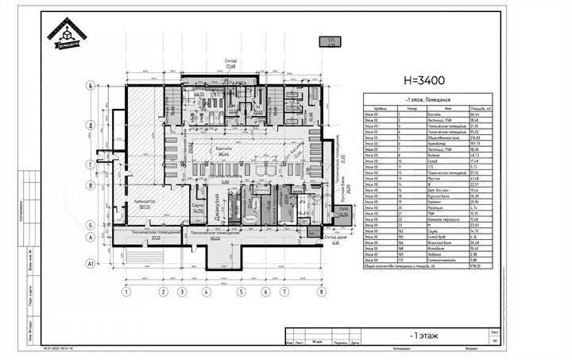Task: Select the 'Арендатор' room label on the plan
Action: click(x=144, y=202)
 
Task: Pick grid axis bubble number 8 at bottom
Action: click(x=320, y=292)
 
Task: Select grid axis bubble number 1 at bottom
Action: click(x=125, y=292)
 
